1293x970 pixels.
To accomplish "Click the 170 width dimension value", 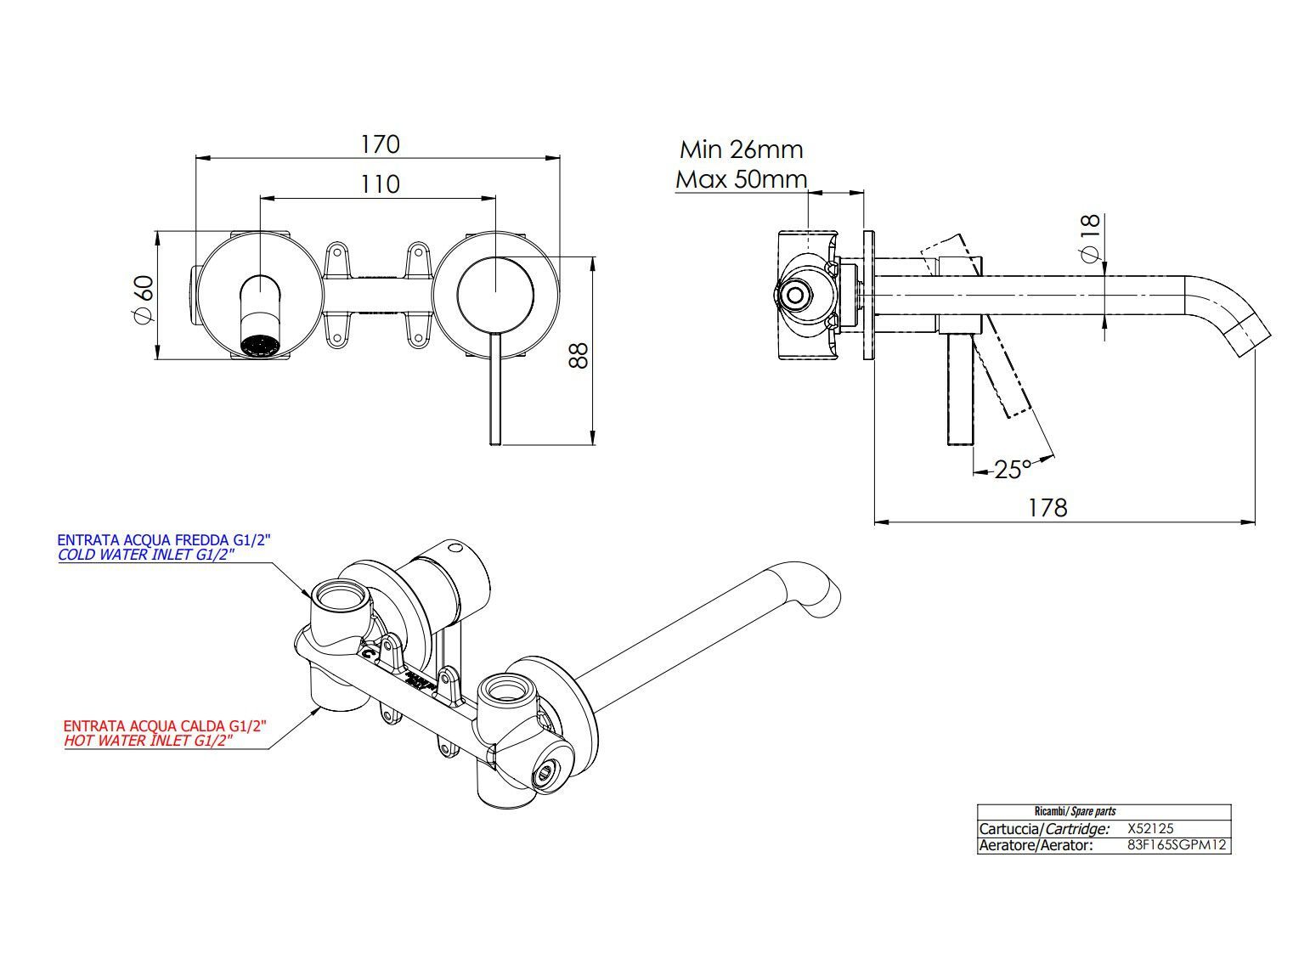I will tap(379, 144).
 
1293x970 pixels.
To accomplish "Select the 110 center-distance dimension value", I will tap(379, 183).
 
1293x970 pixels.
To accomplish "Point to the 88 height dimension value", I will tap(578, 354).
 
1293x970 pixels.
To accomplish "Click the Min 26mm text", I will tap(741, 149).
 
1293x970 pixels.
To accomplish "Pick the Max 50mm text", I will tap(741, 179).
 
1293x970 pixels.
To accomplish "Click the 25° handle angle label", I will tap(1012, 469).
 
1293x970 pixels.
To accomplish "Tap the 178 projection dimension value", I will tap(1047, 507).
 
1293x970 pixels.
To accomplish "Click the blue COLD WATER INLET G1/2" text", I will tap(145, 555).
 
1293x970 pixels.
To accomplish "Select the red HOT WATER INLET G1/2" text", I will tap(149, 741).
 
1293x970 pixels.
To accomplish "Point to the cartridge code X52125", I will tap(1150, 828).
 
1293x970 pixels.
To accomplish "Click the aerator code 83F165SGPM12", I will tap(1177, 845).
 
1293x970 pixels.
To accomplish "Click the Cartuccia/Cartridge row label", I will tap(1043, 828).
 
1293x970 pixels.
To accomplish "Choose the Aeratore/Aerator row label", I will tap(1035, 845).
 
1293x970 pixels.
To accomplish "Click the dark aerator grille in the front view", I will tap(260, 345).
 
